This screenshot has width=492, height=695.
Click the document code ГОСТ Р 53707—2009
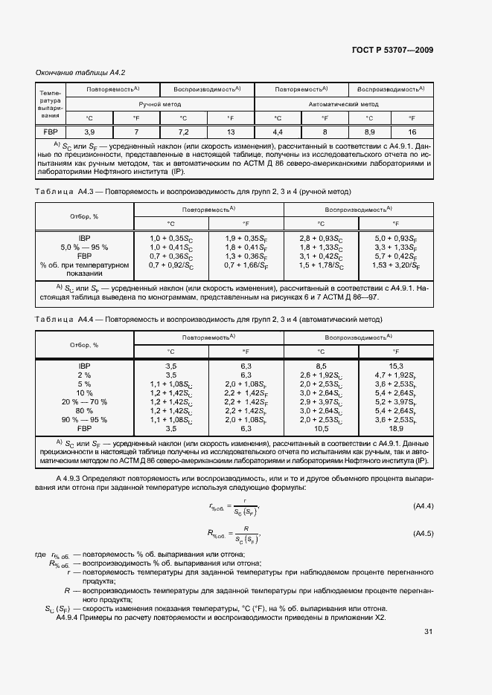point(392,50)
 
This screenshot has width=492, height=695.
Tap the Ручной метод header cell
point(159,104)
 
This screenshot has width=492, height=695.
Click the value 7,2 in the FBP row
point(183,132)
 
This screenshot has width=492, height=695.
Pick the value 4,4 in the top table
point(277,132)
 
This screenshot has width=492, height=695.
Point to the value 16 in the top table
point(412,132)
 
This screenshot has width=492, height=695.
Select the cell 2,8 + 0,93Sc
point(322,237)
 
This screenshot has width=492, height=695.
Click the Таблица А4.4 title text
point(208,319)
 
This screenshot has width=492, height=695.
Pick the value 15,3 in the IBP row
point(395,366)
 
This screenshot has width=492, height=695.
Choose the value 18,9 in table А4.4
point(395,428)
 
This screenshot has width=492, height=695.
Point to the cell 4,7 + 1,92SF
point(395,375)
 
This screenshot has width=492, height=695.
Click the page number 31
point(428,632)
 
